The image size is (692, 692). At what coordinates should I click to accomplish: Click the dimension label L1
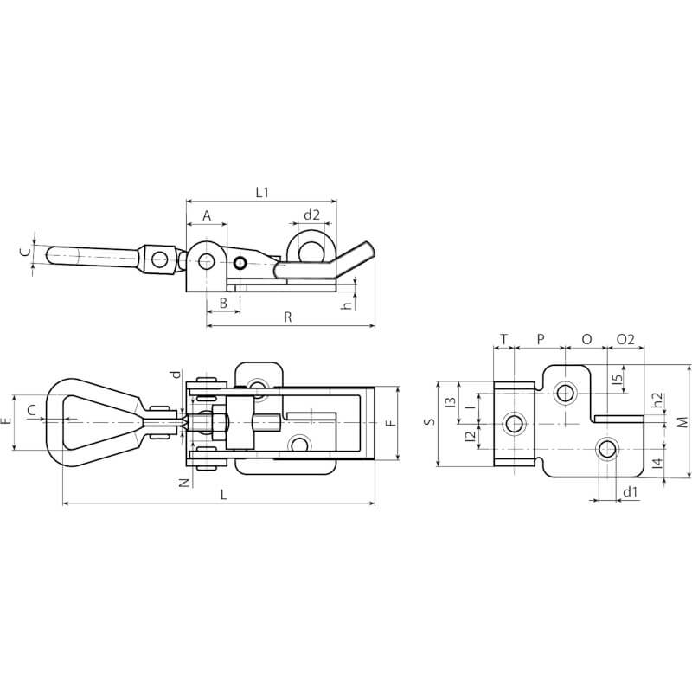pos(262,193)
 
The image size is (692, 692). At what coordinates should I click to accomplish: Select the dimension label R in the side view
pos(287,317)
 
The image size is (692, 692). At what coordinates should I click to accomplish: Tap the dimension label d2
pos(311,215)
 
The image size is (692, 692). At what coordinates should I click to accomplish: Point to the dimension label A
pos(206,215)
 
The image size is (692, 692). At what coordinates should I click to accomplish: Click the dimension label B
pos(222,303)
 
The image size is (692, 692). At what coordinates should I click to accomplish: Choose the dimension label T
pos(503,339)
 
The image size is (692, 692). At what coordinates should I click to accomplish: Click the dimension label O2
pos(625,339)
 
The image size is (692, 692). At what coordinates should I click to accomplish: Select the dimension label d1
pos(631,492)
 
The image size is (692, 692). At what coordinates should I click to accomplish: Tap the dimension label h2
pos(657,400)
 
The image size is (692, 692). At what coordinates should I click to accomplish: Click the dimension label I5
pos(617,378)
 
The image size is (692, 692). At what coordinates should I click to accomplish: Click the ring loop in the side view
pos(311,247)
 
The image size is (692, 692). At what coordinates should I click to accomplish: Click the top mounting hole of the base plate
pos(566,394)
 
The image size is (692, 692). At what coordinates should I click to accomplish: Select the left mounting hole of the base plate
pos(516,423)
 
